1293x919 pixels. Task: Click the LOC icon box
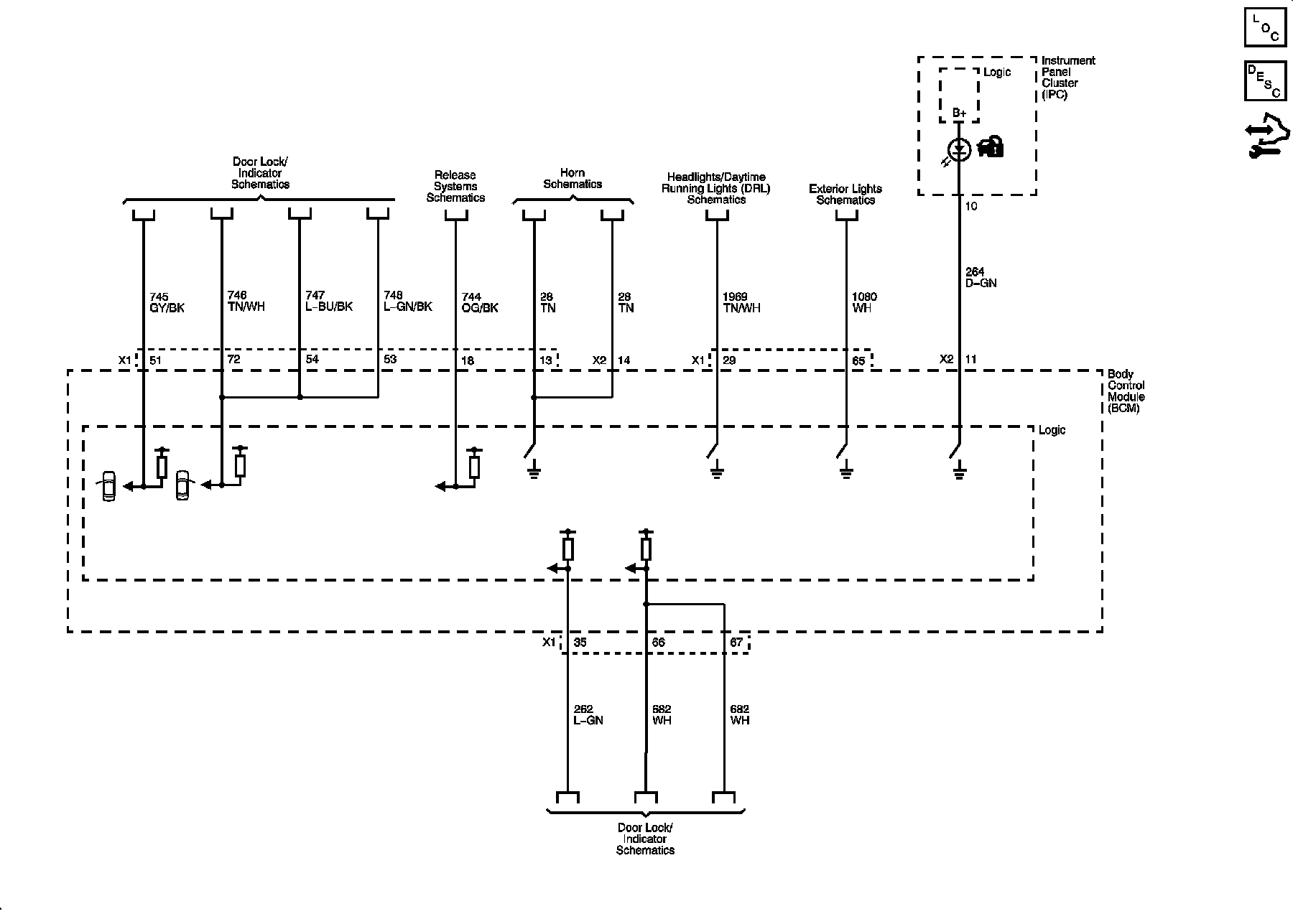click(1266, 28)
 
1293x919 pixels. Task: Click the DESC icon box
click(1266, 80)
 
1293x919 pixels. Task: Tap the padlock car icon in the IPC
click(991, 146)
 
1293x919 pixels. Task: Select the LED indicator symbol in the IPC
click(960, 150)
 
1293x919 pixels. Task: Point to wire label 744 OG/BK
click(480, 302)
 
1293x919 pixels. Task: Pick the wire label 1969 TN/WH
click(741, 302)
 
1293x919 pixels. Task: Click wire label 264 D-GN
click(981, 277)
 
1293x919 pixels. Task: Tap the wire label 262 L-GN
click(588, 714)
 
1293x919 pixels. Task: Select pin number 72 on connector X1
click(233, 359)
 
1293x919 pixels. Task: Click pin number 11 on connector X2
click(970, 359)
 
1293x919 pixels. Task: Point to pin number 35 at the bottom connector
click(580, 642)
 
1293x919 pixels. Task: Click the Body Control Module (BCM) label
click(1126, 391)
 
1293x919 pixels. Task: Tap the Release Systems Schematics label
click(455, 186)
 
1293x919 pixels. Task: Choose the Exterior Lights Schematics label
click(845, 194)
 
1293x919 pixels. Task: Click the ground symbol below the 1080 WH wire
click(846, 472)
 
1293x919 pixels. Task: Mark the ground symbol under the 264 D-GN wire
click(960, 472)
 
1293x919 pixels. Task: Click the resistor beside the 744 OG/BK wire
click(474, 467)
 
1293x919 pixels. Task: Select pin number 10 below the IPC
click(971, 206)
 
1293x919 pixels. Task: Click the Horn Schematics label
click(573, 178)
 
